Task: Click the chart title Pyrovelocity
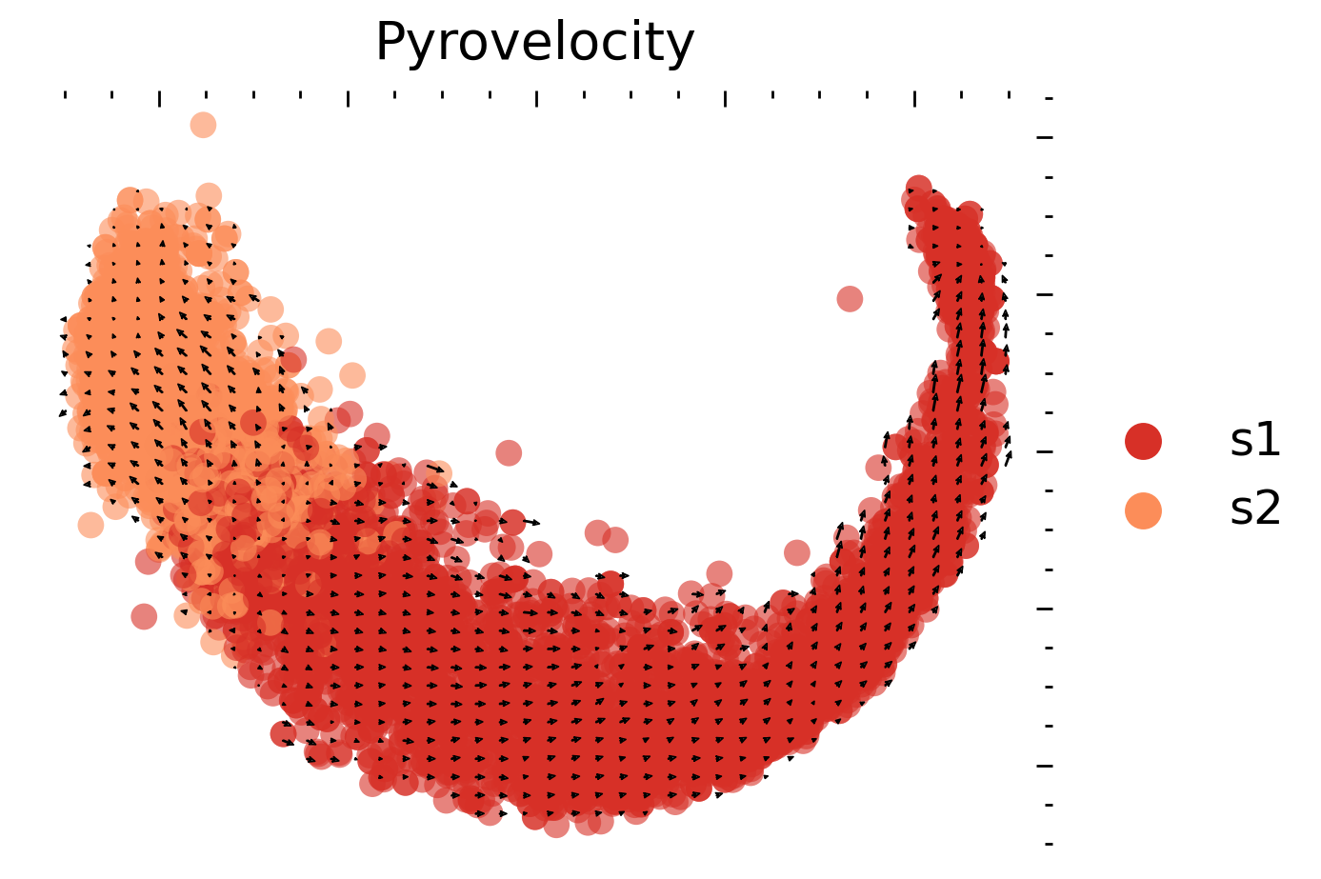[x=534, y=43]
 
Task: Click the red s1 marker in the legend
[x=1143, y=441]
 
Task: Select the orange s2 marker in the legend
[x=1143, y=510]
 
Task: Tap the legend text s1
[x=1255, y=441]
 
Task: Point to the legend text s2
[x=1255, y=510]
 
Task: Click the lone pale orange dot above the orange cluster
[x=203, y=125]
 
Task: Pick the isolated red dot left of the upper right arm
[x=850, y=299]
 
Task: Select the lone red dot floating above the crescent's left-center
[x=509, y=452]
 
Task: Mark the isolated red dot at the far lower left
[x=144, y=616]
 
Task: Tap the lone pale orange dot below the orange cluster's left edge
[x=90, y=525]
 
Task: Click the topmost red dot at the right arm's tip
[x=918, y=187]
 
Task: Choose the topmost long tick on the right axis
[x=1046, y=138]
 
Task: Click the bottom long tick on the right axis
[x=1046, y=765]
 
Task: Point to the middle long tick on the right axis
[x=1046, y=451]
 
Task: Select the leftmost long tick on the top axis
[x=159, y=98]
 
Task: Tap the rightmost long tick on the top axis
[x=914, y=98]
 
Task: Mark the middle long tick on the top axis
[x=536, y=98]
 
